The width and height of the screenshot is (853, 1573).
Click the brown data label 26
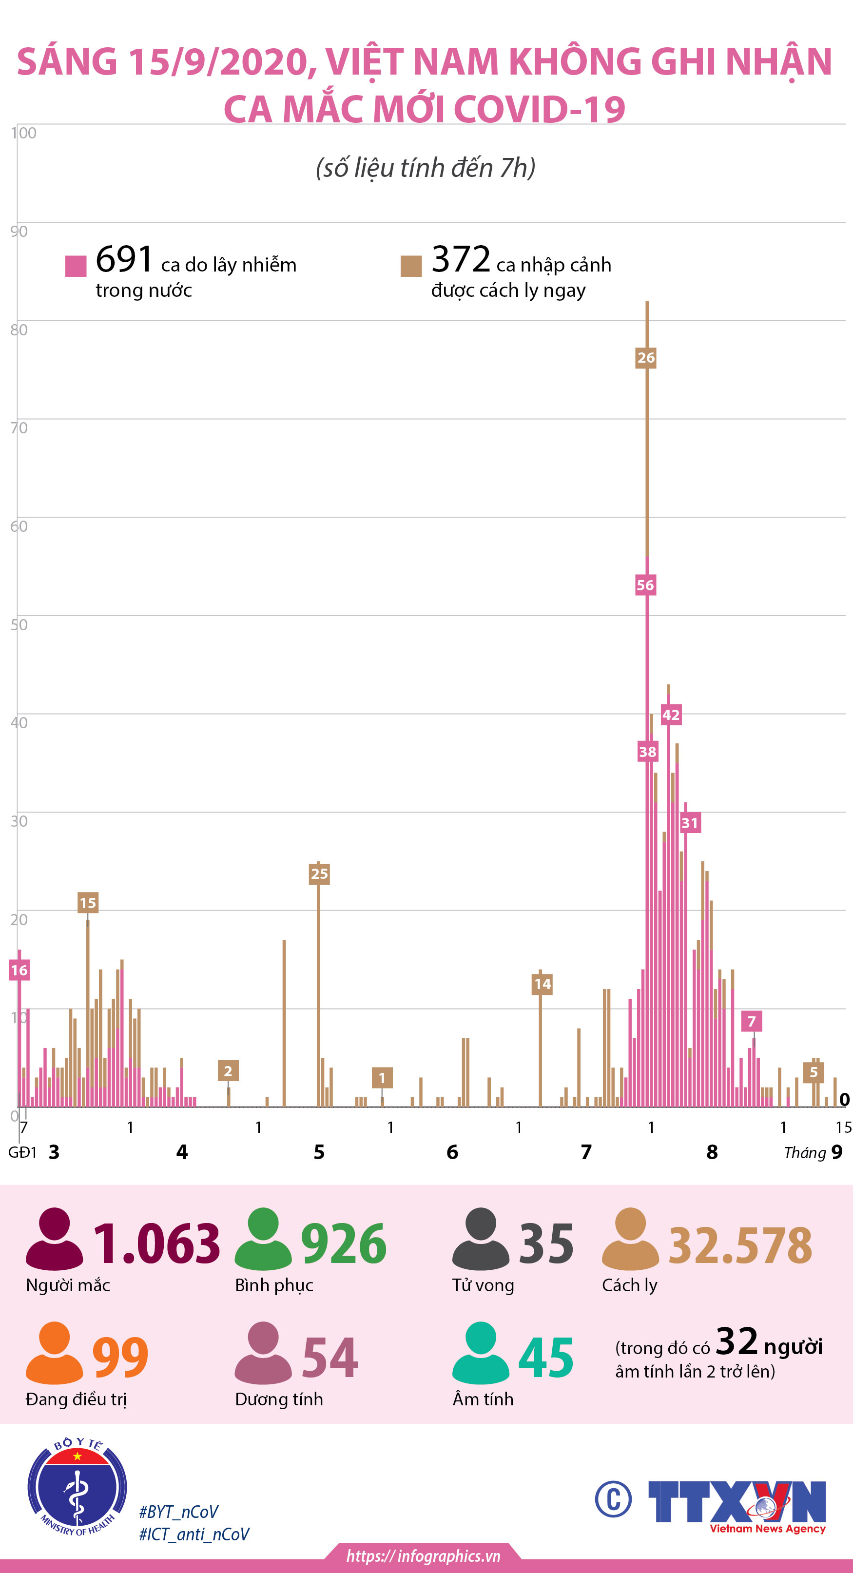(645, 358)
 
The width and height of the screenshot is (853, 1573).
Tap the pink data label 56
(645, 585)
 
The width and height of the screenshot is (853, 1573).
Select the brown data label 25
(319, 874)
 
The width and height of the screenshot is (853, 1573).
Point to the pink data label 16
(19, 971)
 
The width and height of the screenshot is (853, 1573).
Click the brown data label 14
(542, 984)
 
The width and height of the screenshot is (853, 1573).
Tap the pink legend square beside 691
(76, 266)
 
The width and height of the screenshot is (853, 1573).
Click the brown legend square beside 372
(411, 266)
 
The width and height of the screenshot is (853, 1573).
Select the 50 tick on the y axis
(19, 625)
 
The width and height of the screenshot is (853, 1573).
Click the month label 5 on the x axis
(319, 1152)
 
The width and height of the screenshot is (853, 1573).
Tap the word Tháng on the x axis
(804, 1153)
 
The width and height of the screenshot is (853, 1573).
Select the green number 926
(343, 1243)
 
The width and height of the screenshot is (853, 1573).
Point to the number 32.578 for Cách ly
(740, 1246)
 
